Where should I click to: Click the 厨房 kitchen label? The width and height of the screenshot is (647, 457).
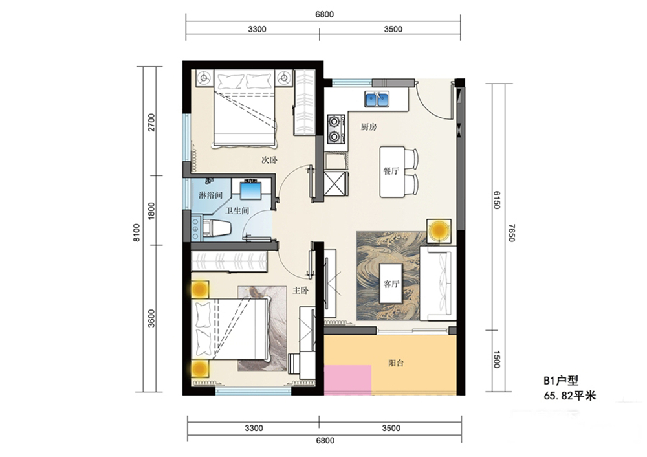(369, 127)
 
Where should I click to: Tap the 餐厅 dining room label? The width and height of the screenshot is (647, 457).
(391, 171)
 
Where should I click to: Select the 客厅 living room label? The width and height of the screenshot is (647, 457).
(391, 284)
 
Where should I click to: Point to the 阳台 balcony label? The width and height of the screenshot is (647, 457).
(396, 363)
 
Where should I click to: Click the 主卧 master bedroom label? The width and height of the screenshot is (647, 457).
(300, 291)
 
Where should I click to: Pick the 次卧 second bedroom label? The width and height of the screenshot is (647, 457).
(269, 160)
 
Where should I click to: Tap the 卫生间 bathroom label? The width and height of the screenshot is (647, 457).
(237, 210)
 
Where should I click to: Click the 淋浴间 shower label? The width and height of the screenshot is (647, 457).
(210, 195)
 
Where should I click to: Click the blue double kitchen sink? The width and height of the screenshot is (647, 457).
(377, 99)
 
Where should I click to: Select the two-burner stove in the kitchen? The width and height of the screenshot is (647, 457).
(335, 129)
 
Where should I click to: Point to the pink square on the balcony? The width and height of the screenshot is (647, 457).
(347, 380)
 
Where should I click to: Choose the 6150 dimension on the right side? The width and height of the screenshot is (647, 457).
(496, 200)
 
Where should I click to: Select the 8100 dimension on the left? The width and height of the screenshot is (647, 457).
(137, 233)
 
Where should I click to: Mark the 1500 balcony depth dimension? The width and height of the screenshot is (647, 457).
(496, 359)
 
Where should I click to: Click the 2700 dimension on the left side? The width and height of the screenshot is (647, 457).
(151, 122)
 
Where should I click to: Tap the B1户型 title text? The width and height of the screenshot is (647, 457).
(561, 380)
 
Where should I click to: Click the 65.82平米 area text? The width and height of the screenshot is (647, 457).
(570, 396)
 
